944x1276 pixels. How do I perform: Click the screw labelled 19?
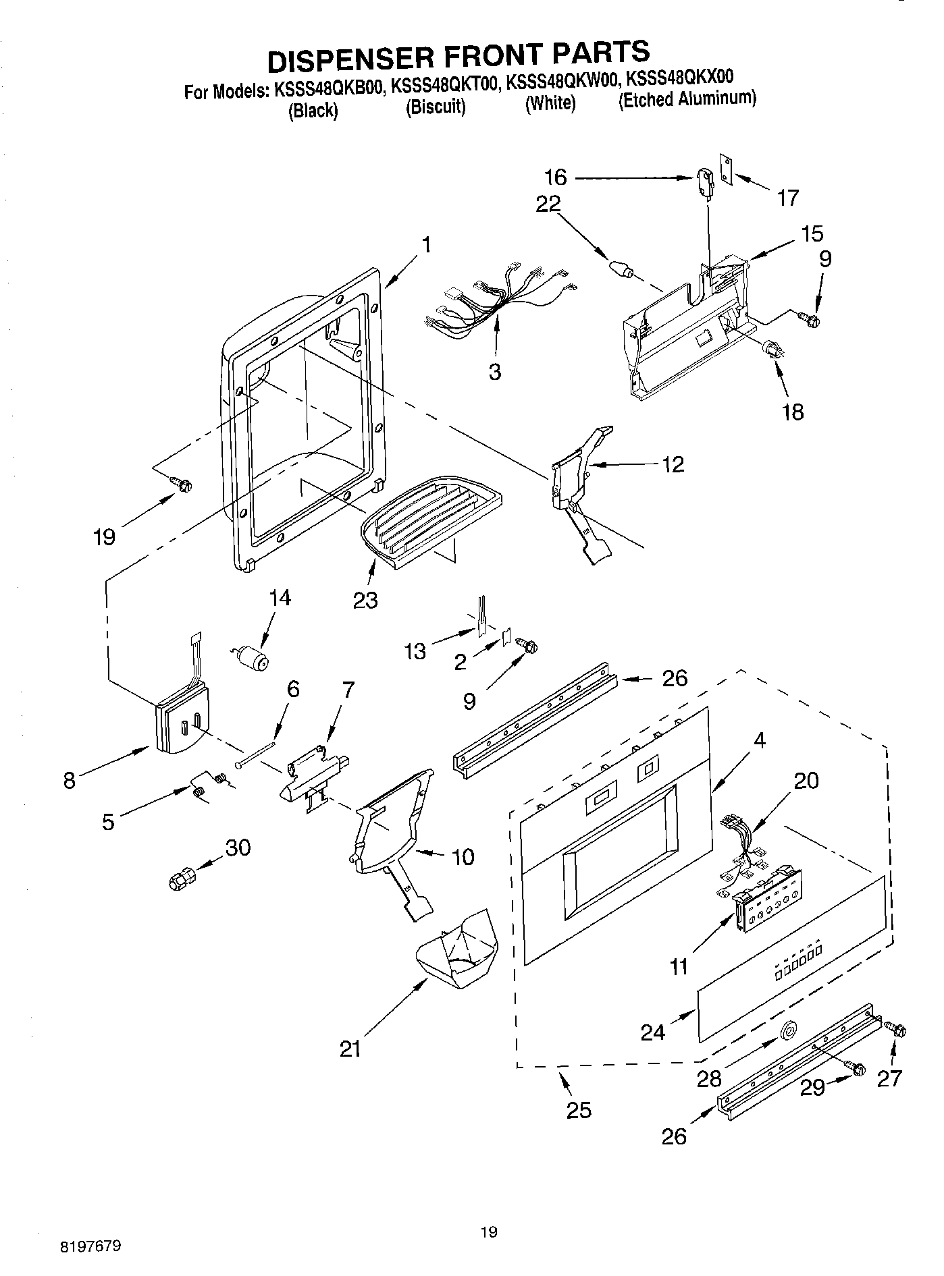[x=181, y=483]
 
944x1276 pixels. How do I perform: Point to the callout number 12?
[x=673, y=464]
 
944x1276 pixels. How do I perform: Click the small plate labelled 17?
[x=726, y=168]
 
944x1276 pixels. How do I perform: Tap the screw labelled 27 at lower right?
[x=895, y=1030]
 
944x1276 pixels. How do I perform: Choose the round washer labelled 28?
[x=787, y=1030]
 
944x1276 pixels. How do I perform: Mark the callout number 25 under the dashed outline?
[x=579, y=1109]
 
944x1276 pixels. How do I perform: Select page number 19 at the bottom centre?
[x=489, y=1232]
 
